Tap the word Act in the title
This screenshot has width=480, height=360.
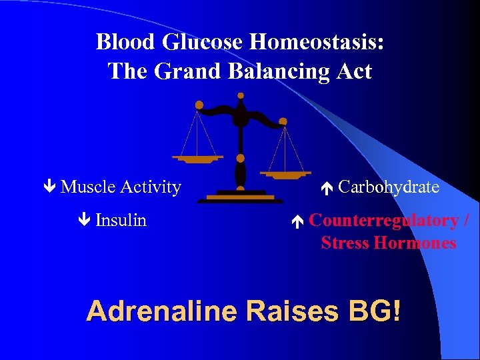coord(352,71)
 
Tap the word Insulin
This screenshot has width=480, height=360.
coord(121,220)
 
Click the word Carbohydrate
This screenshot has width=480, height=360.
coord(389,187)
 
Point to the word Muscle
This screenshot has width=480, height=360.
coord(88,187)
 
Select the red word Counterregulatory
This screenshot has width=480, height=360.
coord(383,220)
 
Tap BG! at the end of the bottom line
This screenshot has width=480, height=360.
coord(373,311)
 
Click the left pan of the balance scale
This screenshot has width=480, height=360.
coord(197,159)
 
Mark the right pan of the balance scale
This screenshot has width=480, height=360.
coord(285,175)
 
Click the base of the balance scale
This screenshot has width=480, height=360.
coord(240,197)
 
